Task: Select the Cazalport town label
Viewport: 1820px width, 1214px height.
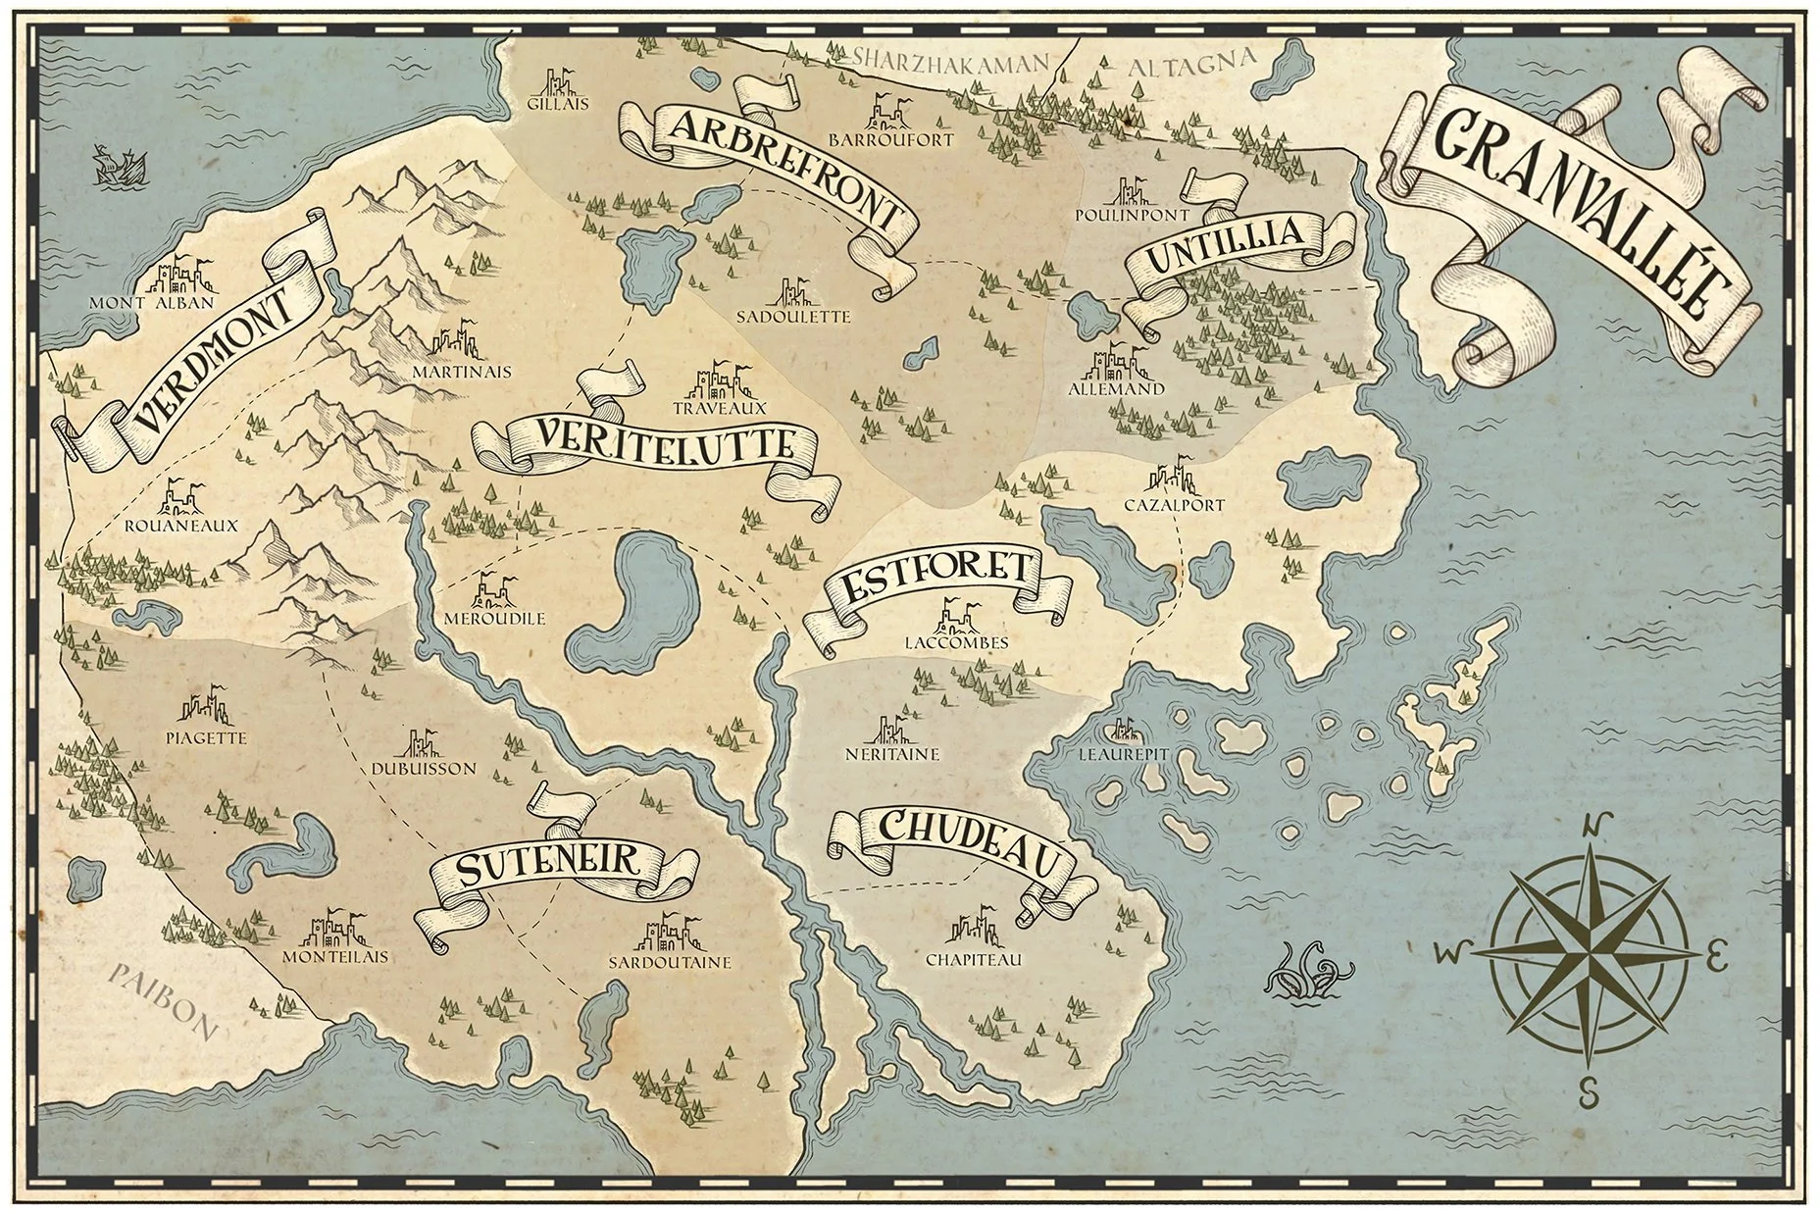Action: click(1174, 506)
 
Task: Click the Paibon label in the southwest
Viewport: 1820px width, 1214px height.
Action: click(162, 999)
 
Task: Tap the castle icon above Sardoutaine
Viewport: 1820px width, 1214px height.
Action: click(669, 935)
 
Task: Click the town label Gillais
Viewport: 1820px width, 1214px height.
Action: click(558, 102)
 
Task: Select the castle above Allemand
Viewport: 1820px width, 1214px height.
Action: click(1116, 360)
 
